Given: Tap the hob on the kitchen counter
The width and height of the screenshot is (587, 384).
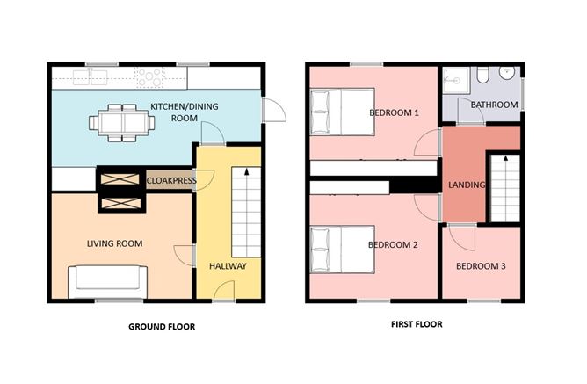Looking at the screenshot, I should click(x=150, y=77).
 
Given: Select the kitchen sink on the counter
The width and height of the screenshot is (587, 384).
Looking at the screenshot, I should click(x=97, y=77).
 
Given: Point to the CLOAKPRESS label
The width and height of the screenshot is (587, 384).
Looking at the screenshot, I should click(x=170, y=181).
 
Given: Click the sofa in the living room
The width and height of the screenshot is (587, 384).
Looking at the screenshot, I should click(x=105, y=279).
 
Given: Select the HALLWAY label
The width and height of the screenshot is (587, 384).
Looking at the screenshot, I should click(x=228, y=265).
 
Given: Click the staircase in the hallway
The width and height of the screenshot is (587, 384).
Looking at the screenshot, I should click(x=245, y=211).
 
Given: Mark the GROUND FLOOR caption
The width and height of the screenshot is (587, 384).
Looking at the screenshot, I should click(x=162, y=327).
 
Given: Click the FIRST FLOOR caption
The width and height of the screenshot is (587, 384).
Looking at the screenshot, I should click(x=416, y=324).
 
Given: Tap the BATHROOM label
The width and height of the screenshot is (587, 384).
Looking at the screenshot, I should click(x=494, y=105).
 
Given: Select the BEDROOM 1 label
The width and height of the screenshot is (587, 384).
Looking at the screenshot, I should click(x=394, y=112).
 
